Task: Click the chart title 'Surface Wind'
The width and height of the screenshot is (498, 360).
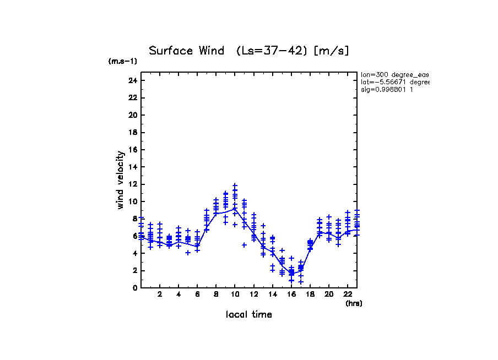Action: (187, 51)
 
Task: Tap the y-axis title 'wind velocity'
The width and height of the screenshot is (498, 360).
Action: (120, 180)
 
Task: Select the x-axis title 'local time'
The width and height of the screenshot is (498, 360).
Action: (248, 314)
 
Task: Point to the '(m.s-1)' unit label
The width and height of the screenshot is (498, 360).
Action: (123, 62)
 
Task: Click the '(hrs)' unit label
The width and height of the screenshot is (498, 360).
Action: (354, 303)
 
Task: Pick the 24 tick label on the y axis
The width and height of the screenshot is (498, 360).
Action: (132, 80)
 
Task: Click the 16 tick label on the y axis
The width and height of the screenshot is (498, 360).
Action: (132, 150)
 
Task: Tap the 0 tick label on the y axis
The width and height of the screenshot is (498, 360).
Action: (134, 287)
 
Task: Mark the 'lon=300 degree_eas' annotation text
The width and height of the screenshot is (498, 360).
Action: (394, 74)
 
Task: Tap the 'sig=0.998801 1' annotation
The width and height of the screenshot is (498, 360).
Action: (387, 89)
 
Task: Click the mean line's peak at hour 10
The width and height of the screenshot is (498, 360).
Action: (235, 209)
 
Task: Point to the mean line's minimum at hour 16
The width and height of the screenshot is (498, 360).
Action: (291, 274)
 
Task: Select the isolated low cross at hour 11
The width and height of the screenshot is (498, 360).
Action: (244, 245)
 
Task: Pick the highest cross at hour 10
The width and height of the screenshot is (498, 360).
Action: (235, 186)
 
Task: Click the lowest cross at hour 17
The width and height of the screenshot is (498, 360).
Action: (301, 282)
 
